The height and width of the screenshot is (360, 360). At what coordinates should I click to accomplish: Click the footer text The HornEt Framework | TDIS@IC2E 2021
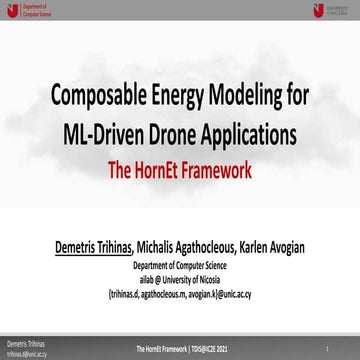180,347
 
